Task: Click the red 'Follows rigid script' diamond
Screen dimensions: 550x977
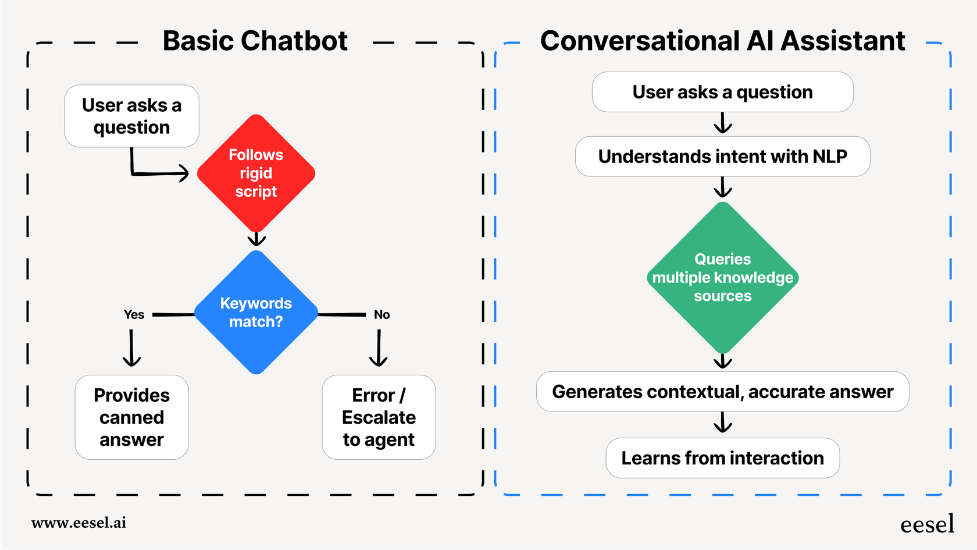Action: coord(256,173)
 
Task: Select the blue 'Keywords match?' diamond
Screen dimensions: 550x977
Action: coord(256,313)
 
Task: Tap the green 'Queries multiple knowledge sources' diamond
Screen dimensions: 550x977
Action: coord(722,278)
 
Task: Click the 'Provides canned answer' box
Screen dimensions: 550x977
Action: coord(131,417)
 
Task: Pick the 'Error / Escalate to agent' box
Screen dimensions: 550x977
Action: coord(379,417)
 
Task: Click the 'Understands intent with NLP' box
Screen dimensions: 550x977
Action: coord(722,157)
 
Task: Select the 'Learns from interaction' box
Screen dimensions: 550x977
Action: coord(722,458)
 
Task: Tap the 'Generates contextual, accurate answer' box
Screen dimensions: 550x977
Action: coord(722,392)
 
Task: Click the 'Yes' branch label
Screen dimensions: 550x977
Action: coord(134,315)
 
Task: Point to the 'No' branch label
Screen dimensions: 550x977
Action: coord(381,315)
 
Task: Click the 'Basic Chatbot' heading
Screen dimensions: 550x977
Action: coord(255,41)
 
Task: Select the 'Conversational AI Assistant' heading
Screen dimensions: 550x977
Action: coord(722,41)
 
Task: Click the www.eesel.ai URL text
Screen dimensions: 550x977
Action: coord(79,523)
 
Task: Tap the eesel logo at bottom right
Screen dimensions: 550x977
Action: coord(927,524)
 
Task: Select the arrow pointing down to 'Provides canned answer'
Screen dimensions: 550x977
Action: coord(131,348)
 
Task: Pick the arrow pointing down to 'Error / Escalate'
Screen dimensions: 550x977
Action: coord(379,348)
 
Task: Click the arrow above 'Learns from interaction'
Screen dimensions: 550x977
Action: coord(722,423)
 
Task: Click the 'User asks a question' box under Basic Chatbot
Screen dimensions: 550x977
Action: coord(131,116)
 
